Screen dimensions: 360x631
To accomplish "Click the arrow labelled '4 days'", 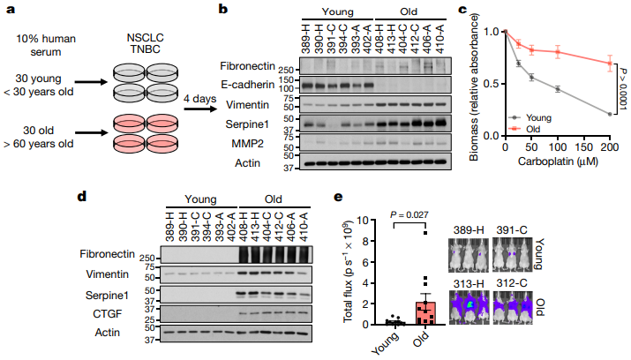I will coord(202,109).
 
